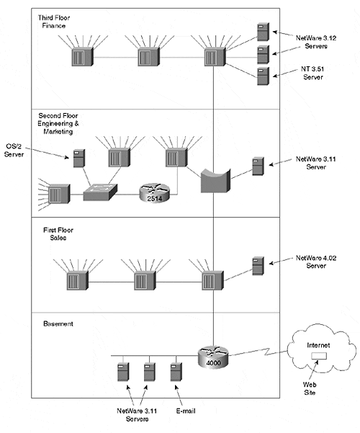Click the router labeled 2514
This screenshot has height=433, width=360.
154,193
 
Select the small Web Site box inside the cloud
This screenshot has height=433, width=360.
319,356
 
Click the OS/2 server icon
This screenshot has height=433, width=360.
79,159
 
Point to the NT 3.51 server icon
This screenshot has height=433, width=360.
263,76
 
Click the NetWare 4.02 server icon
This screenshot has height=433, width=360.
258,266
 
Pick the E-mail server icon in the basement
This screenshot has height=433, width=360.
176,372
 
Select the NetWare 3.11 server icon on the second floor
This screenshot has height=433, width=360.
258,166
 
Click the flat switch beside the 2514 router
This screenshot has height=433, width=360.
100,192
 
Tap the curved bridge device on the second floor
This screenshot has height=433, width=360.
215,181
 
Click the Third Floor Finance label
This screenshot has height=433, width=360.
54,22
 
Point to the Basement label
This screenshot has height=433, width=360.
58,323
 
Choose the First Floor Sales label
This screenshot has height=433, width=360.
58,234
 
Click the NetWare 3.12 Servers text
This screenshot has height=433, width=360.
316,42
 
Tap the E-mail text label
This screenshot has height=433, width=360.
186,411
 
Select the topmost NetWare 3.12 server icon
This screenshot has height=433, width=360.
263,32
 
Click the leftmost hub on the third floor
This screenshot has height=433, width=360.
82,57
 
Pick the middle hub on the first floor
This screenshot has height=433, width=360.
145,280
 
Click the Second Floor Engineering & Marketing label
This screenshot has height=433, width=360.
58,123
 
